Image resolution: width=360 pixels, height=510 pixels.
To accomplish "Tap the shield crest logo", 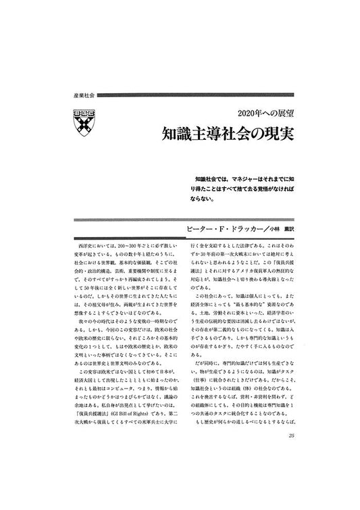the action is [83, 120].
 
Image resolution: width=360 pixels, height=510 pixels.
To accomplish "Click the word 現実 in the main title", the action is [273, 132].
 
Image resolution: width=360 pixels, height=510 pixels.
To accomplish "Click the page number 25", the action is [289, 474].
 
